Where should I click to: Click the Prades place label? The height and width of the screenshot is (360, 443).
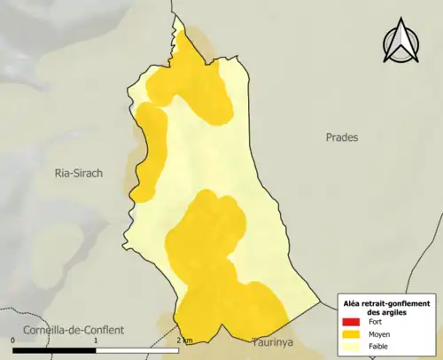pyautogui.click(x=341, y=137)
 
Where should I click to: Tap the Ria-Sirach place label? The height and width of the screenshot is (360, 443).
pyautogui.click(x=79, y=175)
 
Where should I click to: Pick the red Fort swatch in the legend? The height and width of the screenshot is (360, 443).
pyautogui.click(x=352, y=321)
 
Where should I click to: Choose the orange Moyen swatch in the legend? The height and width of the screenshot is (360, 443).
pyautogui.click(x=352, y=334)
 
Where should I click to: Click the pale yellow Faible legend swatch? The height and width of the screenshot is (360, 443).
pyautogui.click(x=352, y=347)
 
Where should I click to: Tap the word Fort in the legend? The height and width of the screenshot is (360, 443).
pyautogui.click(x=375, y=321)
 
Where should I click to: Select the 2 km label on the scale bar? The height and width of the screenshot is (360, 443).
pyautogui.click(x=184, y=340)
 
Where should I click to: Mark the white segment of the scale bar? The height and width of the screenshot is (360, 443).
pyautogui.click(x=136, y=349)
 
